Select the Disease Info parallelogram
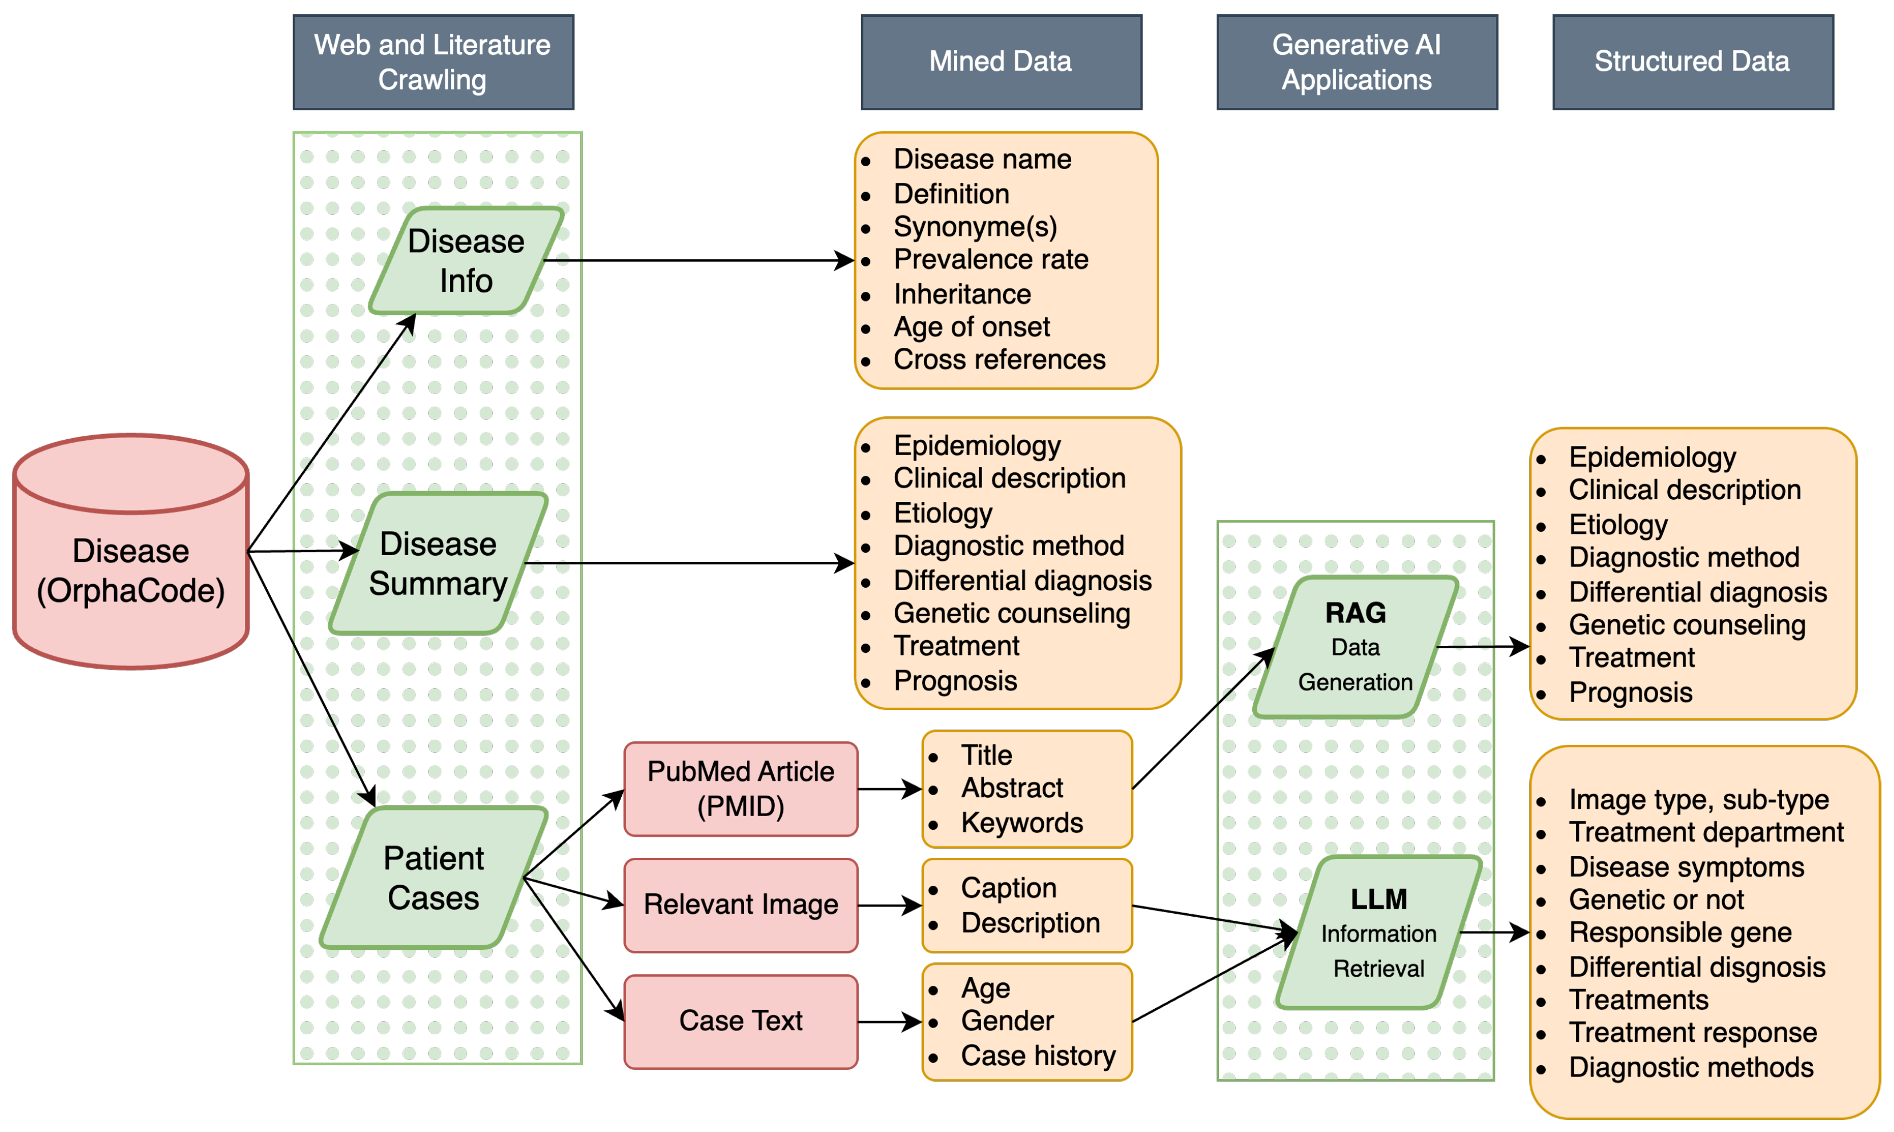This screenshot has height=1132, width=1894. coord(466,261)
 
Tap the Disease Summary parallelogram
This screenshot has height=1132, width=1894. coord(439,564)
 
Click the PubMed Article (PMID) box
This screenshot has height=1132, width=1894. coord(741,789)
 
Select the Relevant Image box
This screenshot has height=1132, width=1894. coord(741,905)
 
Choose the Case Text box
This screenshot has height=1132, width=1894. coord(741,1021)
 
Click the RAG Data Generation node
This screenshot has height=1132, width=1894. coord(1355,647)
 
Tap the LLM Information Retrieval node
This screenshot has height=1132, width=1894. coord(1378,932)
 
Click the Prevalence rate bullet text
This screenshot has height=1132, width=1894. coord(991,260)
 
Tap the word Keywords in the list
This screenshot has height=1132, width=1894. coord(1022,823)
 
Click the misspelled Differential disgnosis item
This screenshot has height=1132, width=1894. coord(1696,968)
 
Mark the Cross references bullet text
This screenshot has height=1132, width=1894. coord(999,360)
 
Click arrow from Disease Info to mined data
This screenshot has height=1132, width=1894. coord(702,261)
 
